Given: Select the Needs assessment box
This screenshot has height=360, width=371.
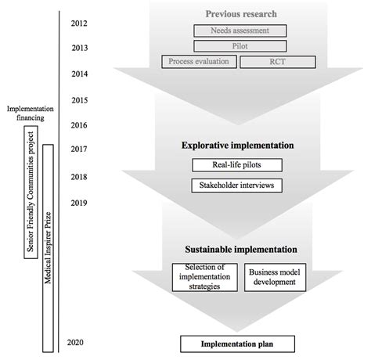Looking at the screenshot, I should pyautogui.click(x=239, y=31).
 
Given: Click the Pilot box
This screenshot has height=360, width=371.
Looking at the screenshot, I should pyautogui.click(x=239, y=46).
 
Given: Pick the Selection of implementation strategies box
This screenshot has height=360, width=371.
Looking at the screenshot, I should pyautogui.click(x=206, y=275).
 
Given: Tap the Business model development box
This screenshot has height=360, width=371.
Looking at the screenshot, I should pyautogui.click(x=275, y=275).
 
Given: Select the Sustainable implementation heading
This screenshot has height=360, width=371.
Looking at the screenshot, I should pyautogui.click(x=240, y=250).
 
